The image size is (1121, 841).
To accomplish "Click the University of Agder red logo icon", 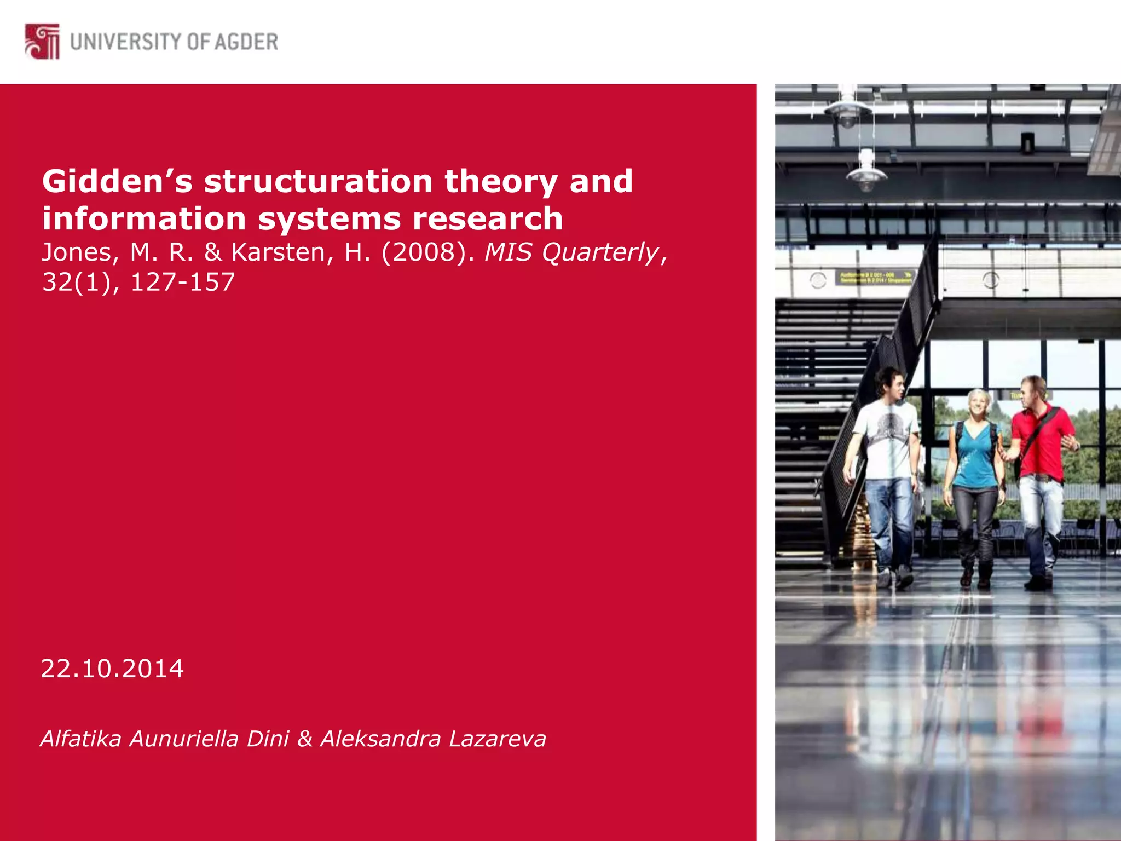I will (42, 42).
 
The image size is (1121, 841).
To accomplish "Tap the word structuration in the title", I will (319, 181).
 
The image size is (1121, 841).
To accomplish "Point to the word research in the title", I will (488, 218).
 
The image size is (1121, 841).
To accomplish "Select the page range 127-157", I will (183, 283).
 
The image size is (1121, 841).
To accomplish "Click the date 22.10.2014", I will (112, 669).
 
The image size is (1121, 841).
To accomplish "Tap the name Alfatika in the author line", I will (81, 739).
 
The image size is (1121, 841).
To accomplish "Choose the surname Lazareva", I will (497, 739).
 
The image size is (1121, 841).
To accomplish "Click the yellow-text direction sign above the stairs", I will (874, 277).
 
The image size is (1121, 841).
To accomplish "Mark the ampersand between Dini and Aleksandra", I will (305, 739).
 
